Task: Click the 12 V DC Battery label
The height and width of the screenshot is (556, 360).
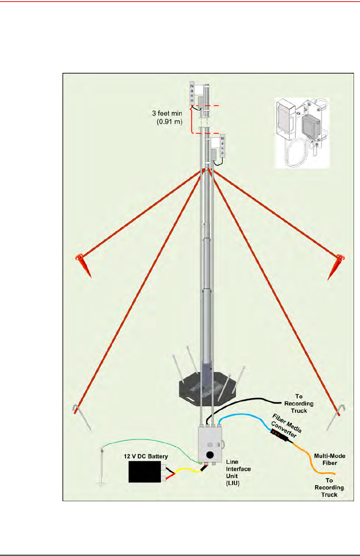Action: [146, 456]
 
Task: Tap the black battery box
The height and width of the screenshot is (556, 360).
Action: [144, 472]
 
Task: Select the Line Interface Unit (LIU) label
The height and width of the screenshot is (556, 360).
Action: [238, 472]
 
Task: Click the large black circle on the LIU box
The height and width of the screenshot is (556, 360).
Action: [210, 455]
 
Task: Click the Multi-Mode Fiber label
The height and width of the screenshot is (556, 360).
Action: [330, 459]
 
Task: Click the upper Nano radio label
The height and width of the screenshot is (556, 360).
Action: [192, 93]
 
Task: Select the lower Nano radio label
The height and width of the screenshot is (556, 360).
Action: [222, 146]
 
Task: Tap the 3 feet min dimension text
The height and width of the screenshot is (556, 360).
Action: [167, 117]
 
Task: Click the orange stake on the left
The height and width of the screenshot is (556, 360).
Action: [84, 264]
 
